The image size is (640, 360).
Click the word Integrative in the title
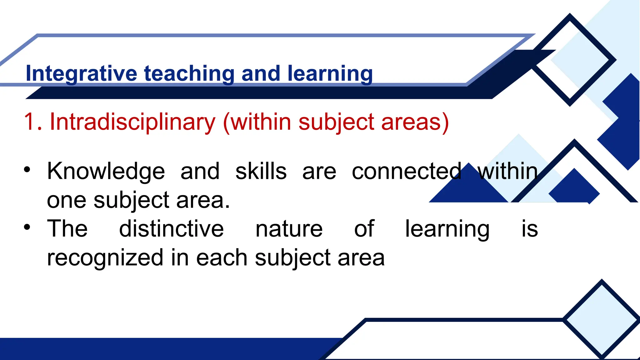coord(81,73)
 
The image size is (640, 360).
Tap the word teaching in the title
coord(189,73)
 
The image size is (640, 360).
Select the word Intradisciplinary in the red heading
coord(132,122)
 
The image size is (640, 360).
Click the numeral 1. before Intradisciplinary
coord(33,122)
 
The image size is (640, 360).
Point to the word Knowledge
coord(106,171)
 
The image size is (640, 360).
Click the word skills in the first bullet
coord(261,171)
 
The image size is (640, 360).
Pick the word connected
coord(407,171)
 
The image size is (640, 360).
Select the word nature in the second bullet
coord(289,229)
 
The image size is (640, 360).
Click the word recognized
coord(105,258)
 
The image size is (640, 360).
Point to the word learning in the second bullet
coord(447,229)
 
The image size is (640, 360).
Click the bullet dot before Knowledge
coord(27,170)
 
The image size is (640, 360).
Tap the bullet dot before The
coord(27,227)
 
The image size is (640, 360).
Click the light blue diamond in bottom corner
coord(602,319)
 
